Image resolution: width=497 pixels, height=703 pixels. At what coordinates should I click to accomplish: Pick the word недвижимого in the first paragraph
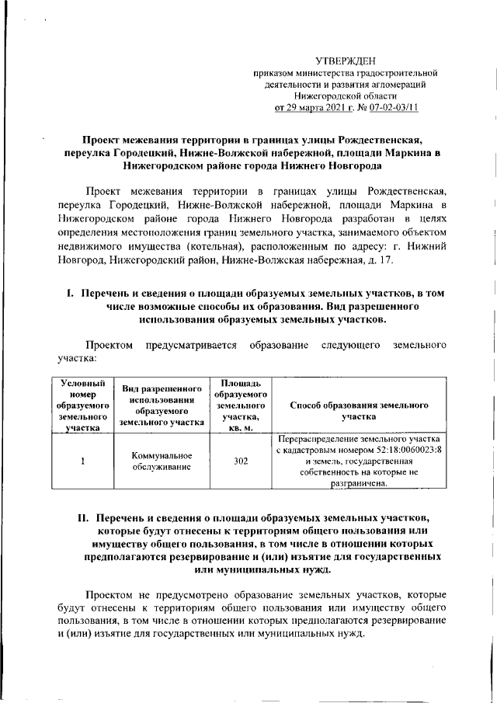89,245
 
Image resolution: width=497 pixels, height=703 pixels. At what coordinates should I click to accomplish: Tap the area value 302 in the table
241,461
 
